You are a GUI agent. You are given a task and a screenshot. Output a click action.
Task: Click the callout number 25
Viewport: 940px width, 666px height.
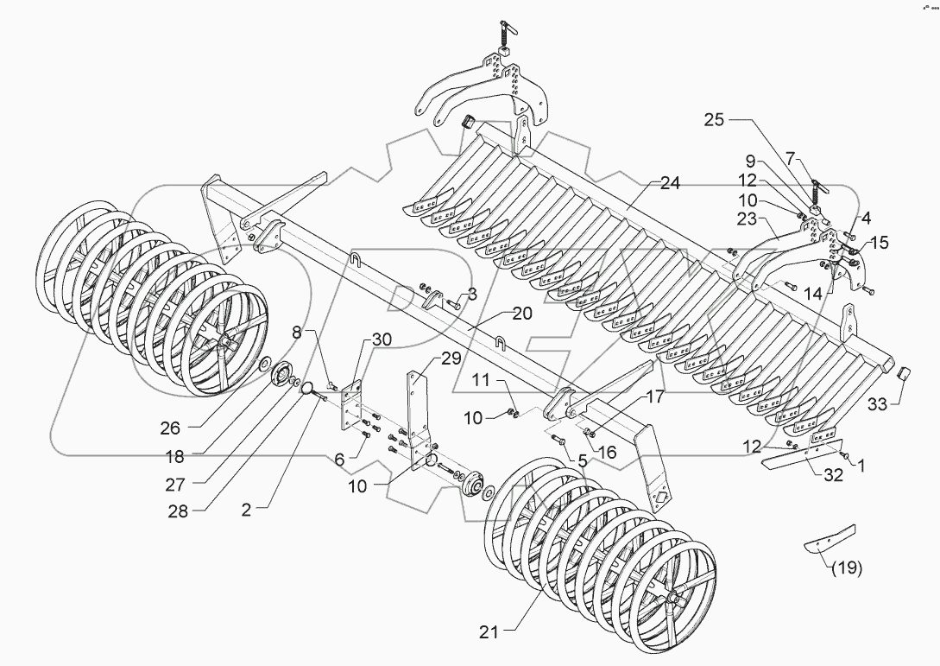(x=713, y=121)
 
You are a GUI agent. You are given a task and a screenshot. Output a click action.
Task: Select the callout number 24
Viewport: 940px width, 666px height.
(x=670, y=183)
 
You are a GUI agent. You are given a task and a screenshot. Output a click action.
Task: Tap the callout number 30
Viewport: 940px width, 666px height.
(x=381, y=340)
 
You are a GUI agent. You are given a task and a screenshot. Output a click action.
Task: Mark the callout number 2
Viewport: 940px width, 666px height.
(x=247, y=511)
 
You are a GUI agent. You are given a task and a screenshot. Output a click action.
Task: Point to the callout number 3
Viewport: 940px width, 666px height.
(x=472, y=295)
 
